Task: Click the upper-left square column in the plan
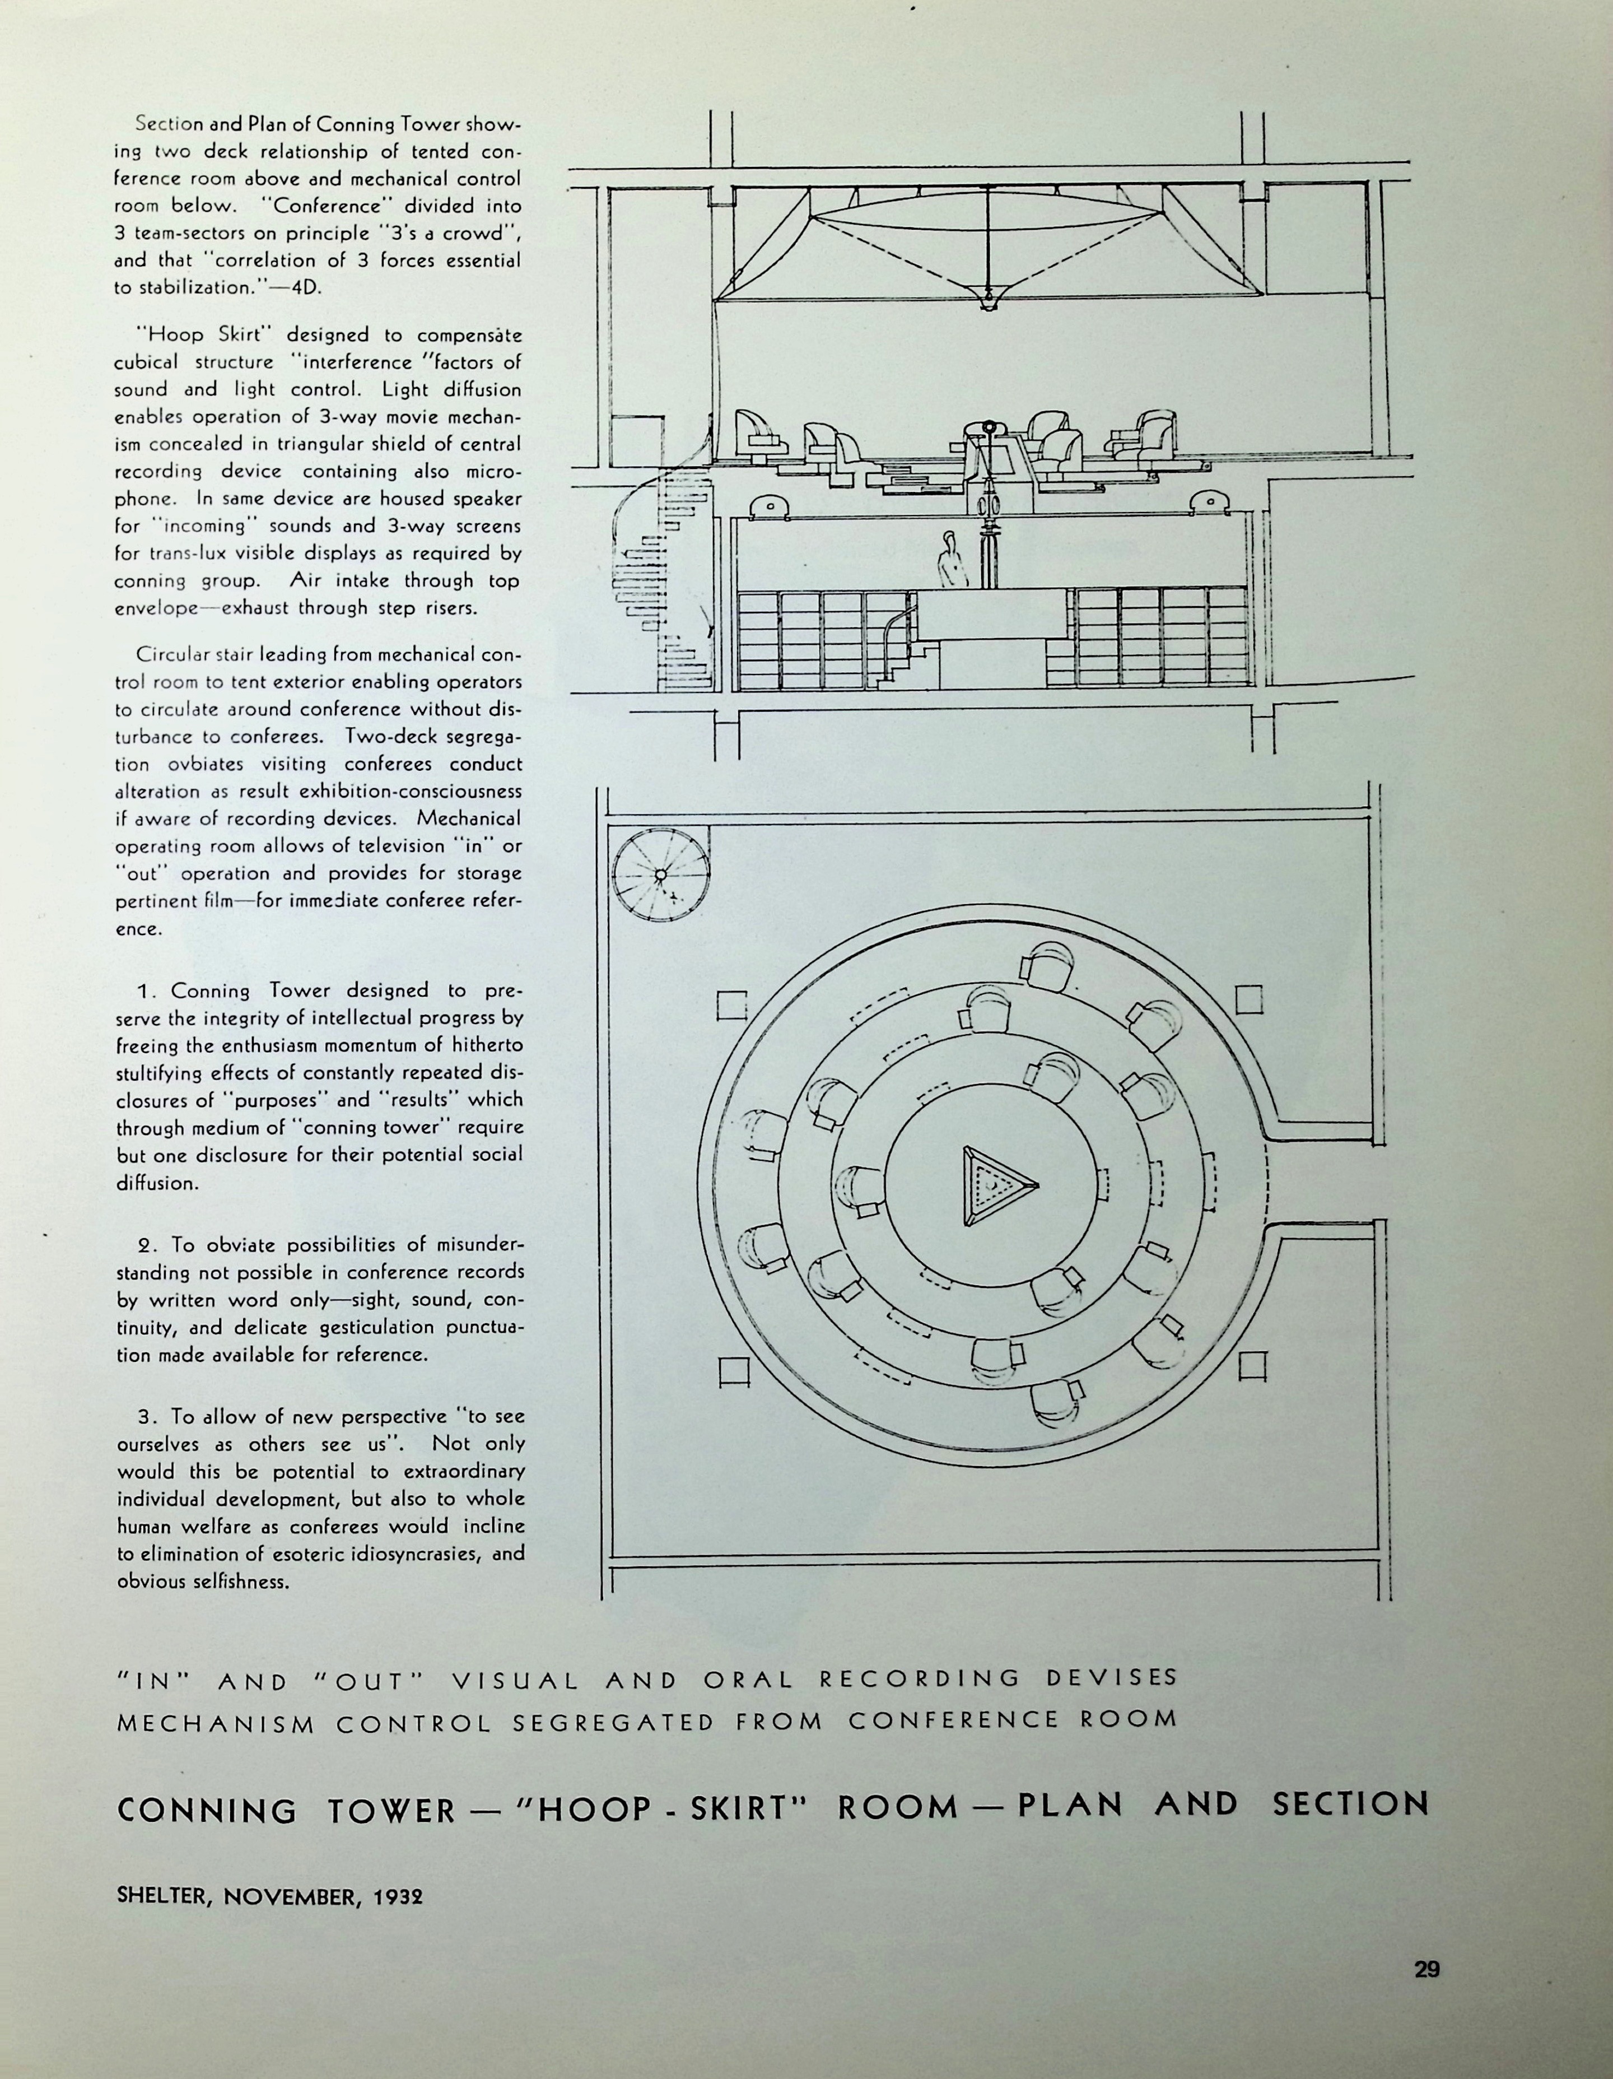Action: pos(732,1005)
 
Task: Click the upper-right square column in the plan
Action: pos(1248,998)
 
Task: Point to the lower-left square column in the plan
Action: pos(735,1371)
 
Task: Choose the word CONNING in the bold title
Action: pos(207,1810)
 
